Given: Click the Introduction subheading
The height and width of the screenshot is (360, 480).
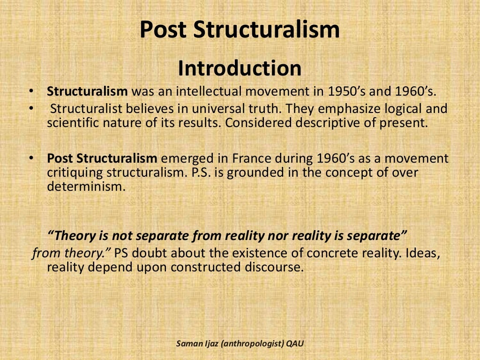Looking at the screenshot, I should point(240,68).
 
